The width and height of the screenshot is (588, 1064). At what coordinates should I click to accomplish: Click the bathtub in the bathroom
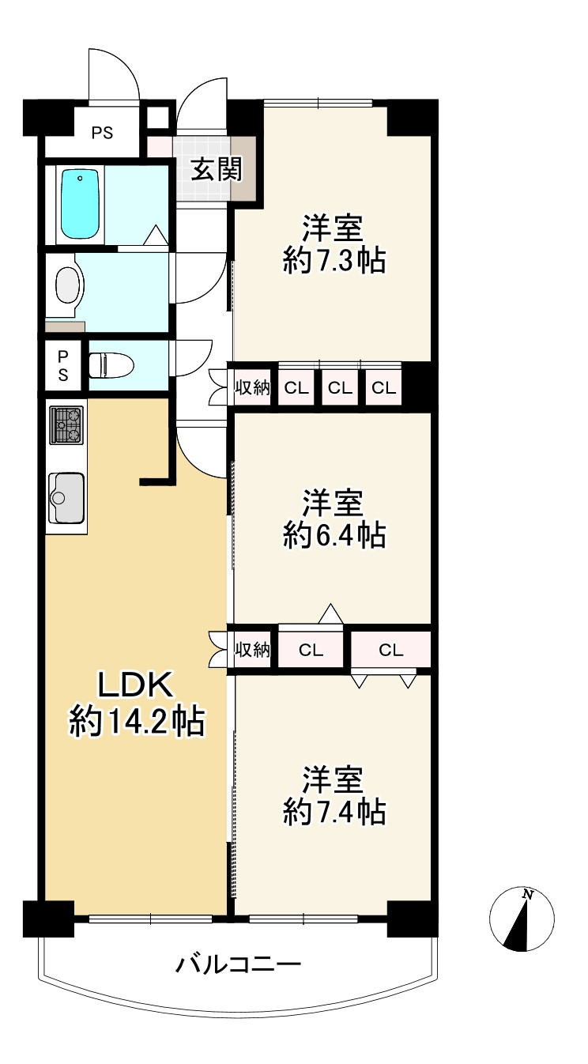(81, 203)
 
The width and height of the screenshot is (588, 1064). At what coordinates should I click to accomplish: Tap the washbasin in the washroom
(69, 285)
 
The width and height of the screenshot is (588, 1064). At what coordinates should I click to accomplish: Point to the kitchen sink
(66, 497)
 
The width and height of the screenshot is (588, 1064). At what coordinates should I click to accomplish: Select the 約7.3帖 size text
(334, 260)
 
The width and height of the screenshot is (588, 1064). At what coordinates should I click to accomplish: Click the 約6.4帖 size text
(334, 536)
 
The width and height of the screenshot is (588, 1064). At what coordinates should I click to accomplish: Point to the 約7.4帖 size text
(334, 812)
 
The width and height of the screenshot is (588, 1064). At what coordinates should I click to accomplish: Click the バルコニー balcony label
(238, 965)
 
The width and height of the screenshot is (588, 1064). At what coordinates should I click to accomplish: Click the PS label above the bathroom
(101, 133)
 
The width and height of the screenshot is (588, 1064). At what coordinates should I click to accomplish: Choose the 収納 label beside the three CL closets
(252, 388)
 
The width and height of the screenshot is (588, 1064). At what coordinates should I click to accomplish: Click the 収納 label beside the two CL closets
(252, 651)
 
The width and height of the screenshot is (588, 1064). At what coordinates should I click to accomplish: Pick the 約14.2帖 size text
(137, 721)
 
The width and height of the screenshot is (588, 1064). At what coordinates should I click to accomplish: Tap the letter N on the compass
(527, 895)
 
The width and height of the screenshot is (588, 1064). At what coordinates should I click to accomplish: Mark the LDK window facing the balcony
(150, 919)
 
